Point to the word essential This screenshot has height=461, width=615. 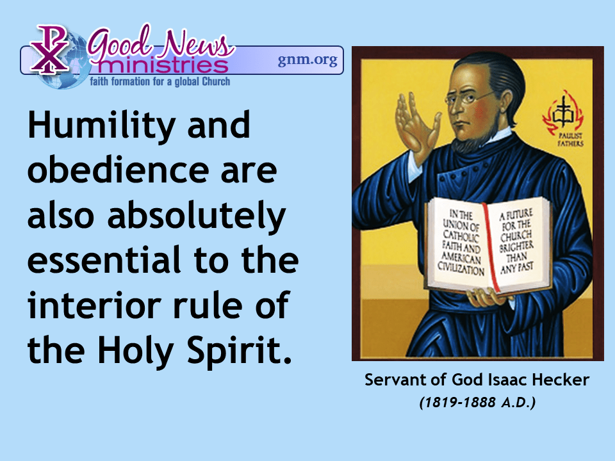point(104,261)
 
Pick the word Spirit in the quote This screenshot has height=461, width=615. point(239,350)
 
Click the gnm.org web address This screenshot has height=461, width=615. point(307,60)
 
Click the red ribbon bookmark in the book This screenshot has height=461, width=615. point(490,247)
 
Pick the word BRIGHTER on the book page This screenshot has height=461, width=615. point(516,247)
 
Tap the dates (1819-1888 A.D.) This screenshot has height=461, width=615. point(477,402)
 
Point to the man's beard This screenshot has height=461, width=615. point(471,142)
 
